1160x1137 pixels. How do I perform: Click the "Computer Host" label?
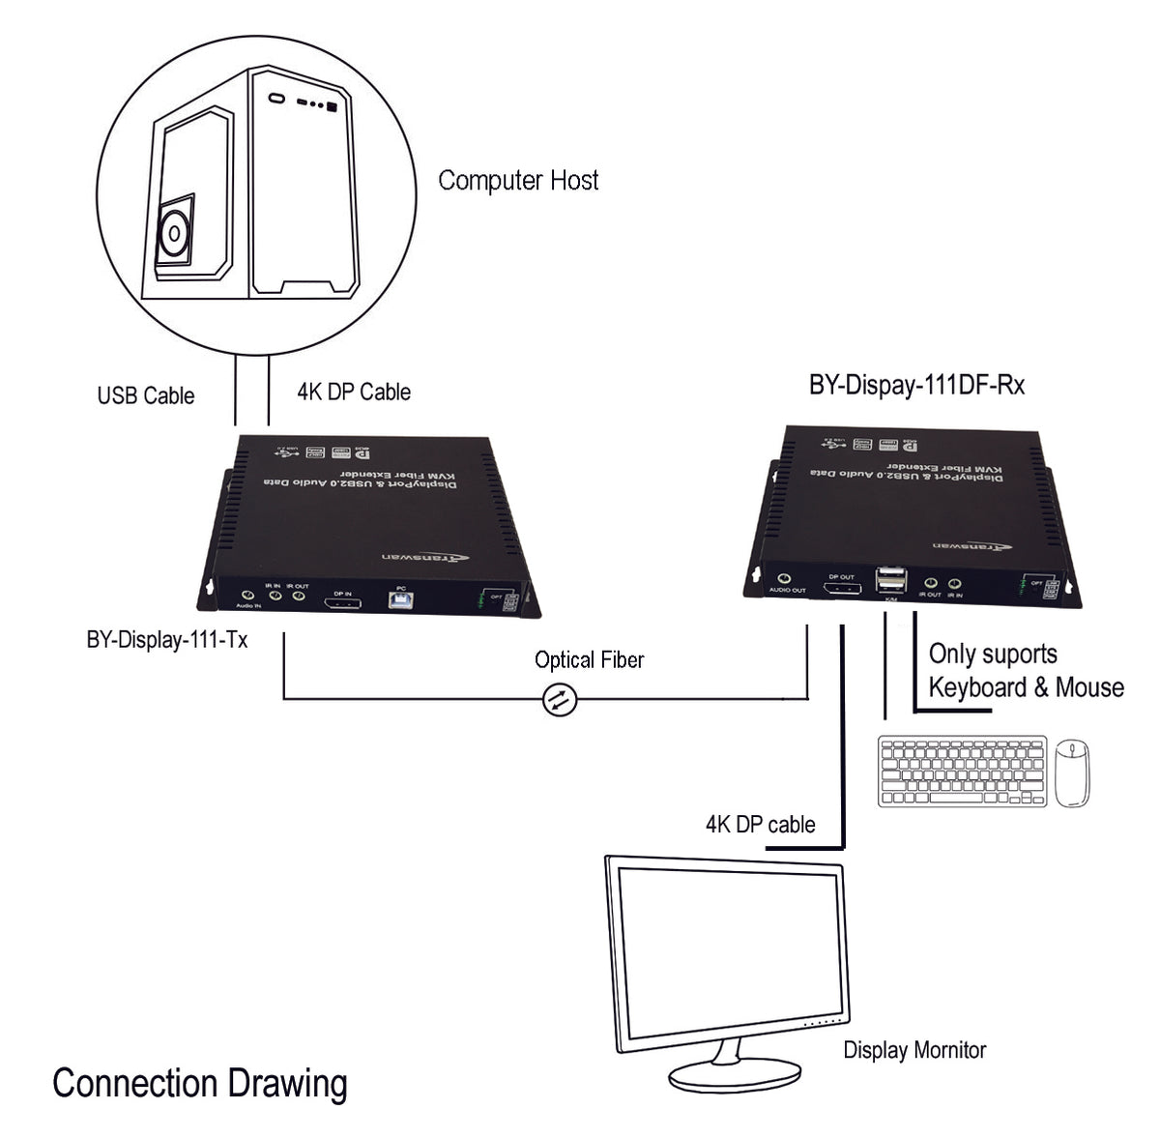(x=518, y=181)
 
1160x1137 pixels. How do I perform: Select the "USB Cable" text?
(x=145, y=395)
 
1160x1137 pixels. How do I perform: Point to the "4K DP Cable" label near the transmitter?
(x=354, y=392)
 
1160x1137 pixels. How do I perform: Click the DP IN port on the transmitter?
(x=342, y=603)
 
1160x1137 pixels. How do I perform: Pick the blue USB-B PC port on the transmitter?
(x=400, y=600)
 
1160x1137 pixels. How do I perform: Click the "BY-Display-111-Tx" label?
(x=166, y=640)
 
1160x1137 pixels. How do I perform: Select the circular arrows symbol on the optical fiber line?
(x=559, y=699)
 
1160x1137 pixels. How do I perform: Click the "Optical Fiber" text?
(x=589, y=660)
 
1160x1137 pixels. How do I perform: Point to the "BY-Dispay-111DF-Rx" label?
(x=916, y=385)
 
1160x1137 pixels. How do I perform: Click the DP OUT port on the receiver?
(x=841, y=588)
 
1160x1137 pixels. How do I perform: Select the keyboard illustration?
(x=962, y=772)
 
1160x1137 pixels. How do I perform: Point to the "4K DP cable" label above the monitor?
(x=760, y=825)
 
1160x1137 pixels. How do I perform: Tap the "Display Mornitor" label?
(x=914, y=1050)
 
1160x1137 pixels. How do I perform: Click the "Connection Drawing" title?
(x=199, y=1083)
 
